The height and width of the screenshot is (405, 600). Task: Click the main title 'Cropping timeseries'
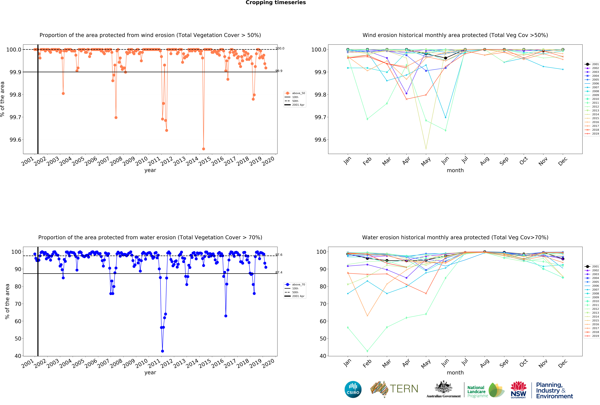click(x=275, y=3)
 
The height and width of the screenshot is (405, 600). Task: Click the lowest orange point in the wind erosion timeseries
click(x=203, y=149)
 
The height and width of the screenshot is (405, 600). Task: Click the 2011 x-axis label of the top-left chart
click(x=154, y=161)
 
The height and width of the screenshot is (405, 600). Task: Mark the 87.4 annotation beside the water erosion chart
click(x=279, y=272)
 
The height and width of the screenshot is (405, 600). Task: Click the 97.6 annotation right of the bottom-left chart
click(x=279, y=255)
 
